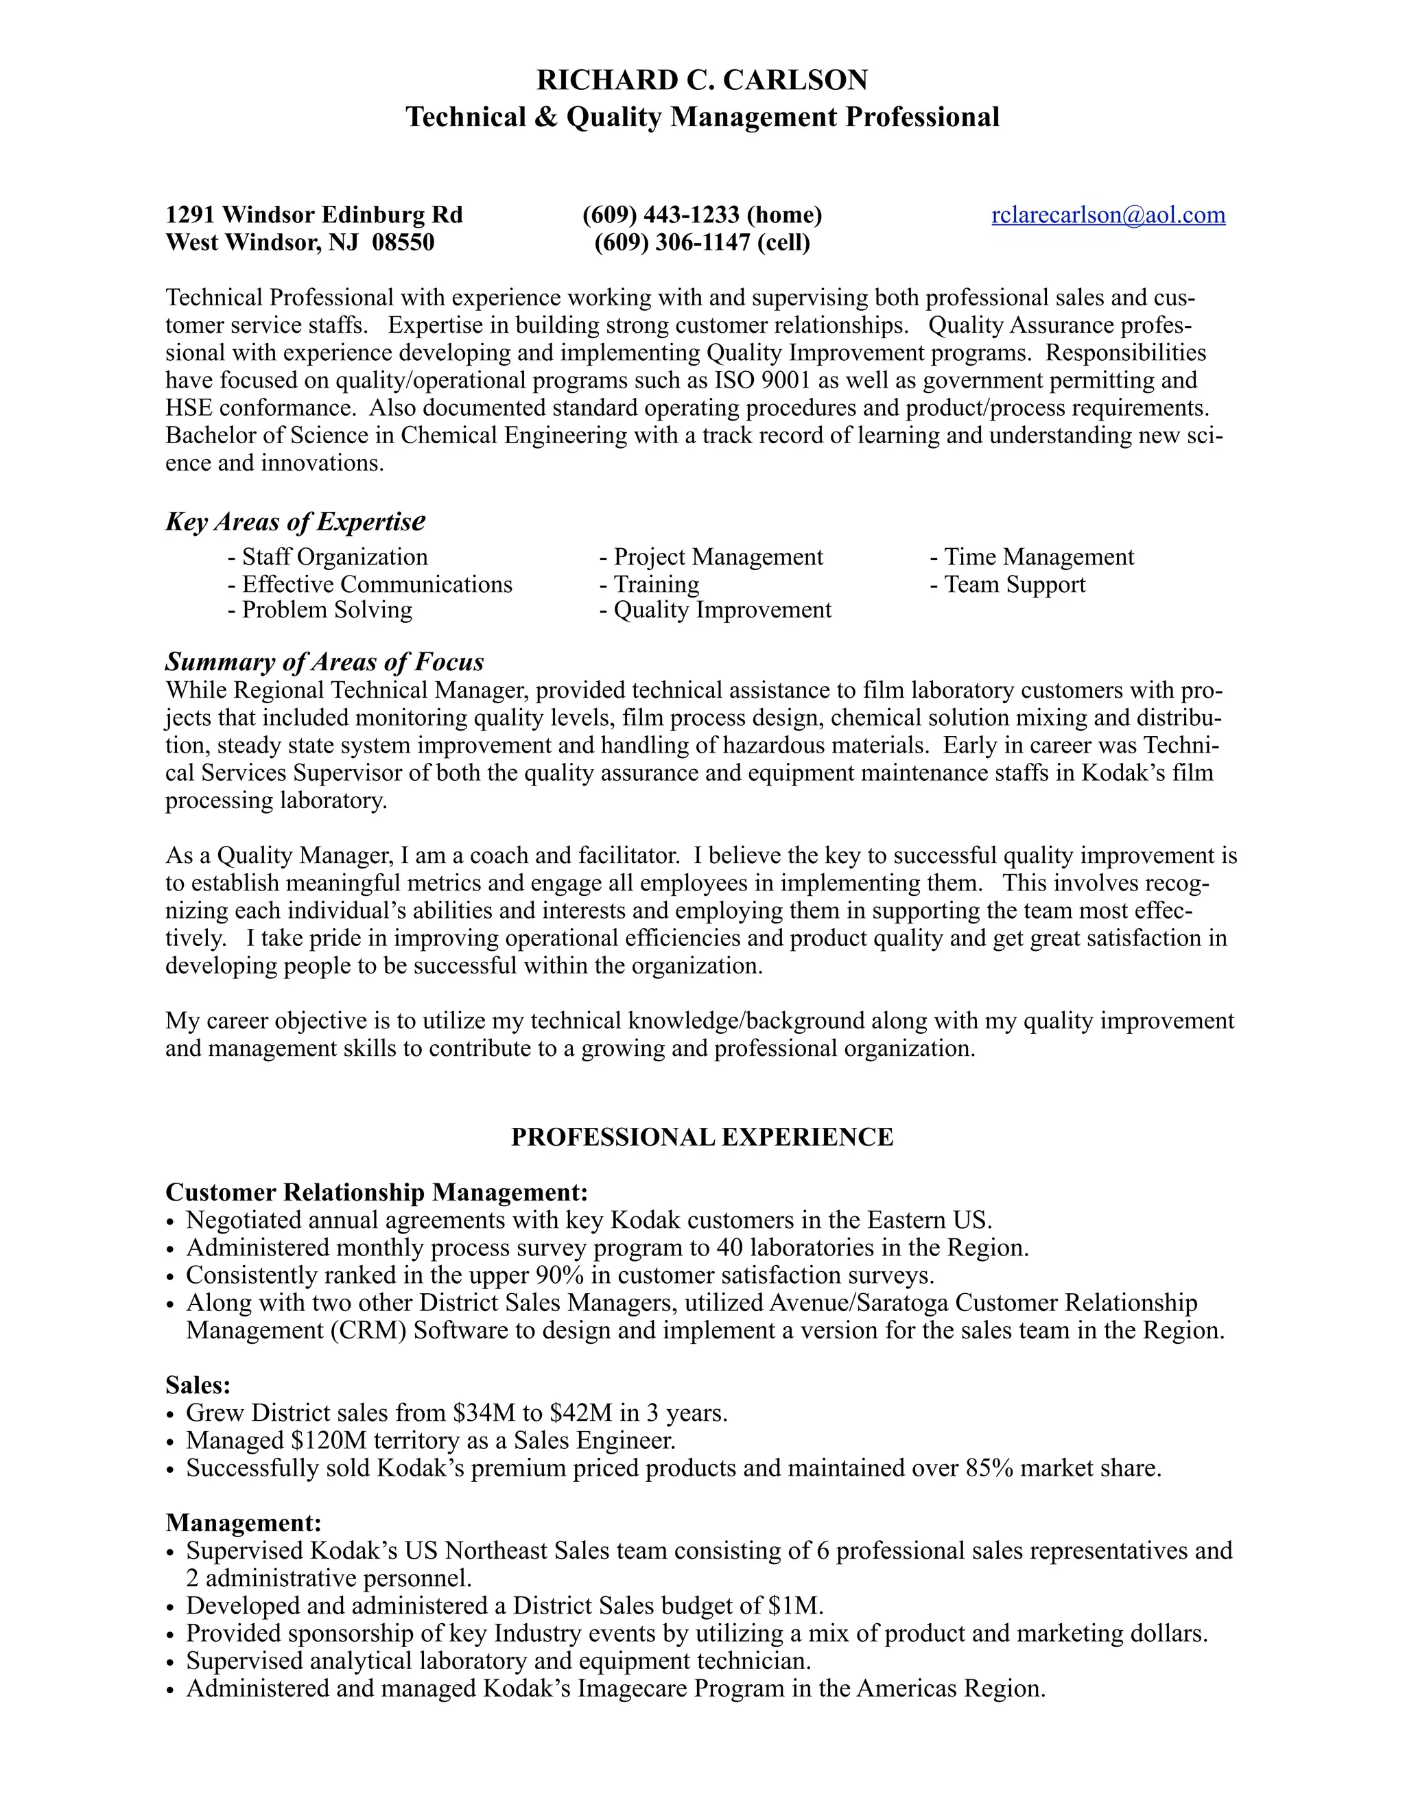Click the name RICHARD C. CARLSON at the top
[x=702, y=80]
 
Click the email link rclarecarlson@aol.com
[x=1108, y=215]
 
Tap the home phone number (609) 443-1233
[x=661, y=215]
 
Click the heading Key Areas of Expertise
[x=296, y=522]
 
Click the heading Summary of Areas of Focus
[x=324, y=662]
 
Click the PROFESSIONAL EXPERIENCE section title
[x=702, y=1137]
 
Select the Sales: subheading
[x=198, y=1385]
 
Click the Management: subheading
[x=243, y=1522]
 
